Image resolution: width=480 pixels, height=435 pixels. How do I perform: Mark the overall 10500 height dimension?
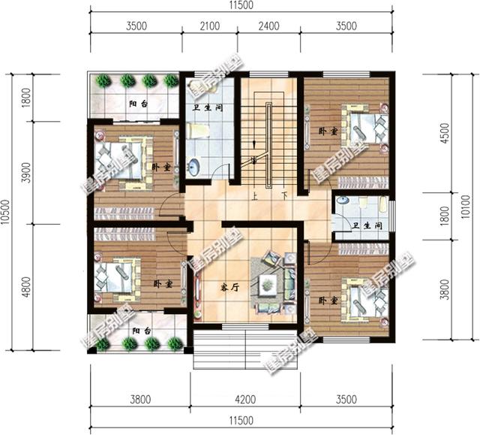[x=7, y=213]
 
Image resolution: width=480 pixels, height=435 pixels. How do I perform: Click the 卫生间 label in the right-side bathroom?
[x=367, y=225]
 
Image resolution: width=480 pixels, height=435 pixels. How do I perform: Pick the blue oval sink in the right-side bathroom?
[x=343, y=201]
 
